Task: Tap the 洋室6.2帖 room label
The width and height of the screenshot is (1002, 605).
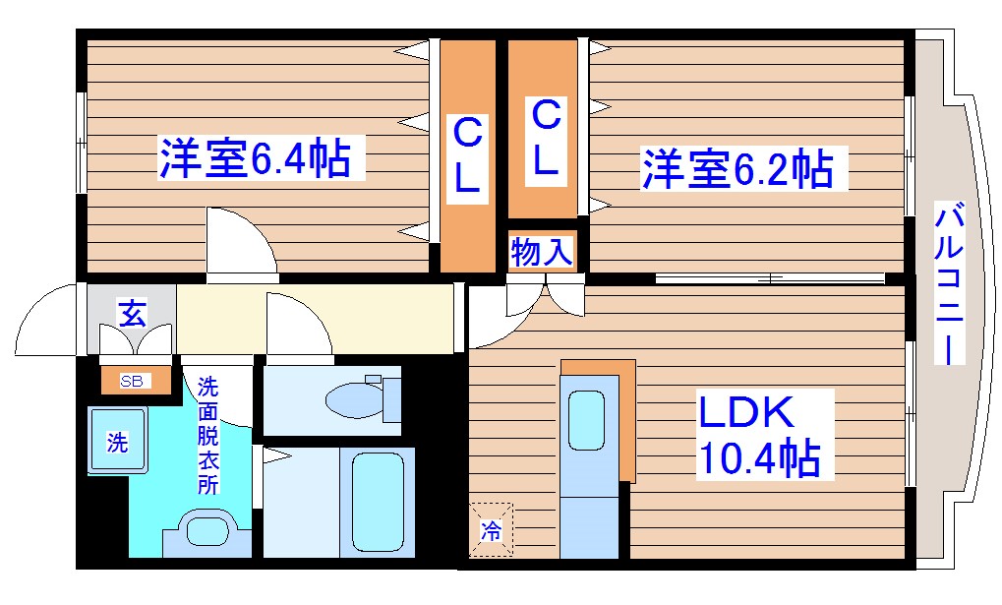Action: point(737,168)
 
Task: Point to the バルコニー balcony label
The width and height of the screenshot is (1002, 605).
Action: point(949,284)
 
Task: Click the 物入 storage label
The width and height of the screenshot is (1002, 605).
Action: point(541,253)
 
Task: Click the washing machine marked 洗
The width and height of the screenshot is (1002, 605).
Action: point(117,443)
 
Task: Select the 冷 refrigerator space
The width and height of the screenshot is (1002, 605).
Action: point(490,529)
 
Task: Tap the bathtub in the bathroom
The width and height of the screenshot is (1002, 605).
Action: point(378,505)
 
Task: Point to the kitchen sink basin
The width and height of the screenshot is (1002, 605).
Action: point(588,420)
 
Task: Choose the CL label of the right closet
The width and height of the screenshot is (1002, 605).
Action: point(544,139)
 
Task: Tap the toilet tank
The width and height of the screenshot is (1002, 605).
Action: point(391,399)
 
